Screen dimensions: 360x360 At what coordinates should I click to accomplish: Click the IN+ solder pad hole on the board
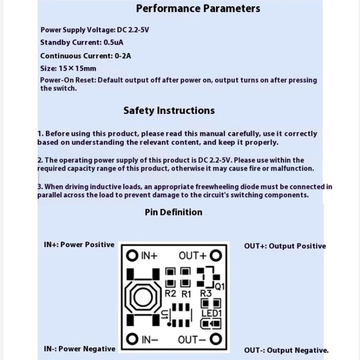[131, 256]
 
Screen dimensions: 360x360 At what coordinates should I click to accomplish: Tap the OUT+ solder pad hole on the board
[217, 256]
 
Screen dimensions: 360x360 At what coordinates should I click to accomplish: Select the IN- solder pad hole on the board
[131, 339]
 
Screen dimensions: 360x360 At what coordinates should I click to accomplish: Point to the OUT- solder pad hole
[217, 339]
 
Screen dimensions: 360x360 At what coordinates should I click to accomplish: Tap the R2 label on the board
[170, 293]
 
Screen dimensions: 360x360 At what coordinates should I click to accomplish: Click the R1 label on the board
[186, 294]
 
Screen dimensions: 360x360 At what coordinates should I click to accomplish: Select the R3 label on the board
[206, 293]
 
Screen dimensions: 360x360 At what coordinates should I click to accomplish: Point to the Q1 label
[220, 286]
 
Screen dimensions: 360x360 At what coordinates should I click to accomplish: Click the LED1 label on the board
[211, 313]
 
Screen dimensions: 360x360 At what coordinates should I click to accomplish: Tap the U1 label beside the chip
[165, 315]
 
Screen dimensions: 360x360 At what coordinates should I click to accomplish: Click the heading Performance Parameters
[198, 9]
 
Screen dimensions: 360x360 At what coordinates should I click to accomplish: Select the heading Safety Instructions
[169, 111]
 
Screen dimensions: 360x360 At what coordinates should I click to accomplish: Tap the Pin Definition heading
[174, 212]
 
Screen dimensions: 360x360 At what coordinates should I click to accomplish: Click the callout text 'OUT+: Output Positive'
[285, 246]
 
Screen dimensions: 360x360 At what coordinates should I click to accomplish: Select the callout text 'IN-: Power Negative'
[80, 349]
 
